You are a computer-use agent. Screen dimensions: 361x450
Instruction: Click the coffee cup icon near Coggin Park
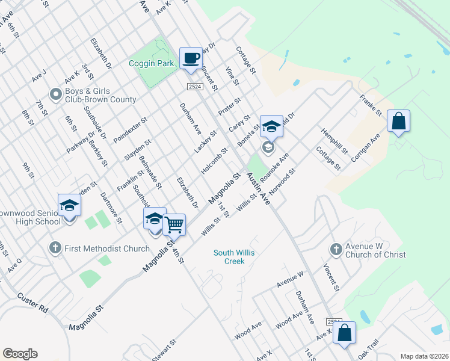191,58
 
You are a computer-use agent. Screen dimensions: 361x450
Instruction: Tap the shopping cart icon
174,225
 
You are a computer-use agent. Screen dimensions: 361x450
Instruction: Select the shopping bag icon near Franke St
398,121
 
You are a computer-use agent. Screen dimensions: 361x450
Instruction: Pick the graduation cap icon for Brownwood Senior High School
69,205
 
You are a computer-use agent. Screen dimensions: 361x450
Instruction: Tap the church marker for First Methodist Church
55,248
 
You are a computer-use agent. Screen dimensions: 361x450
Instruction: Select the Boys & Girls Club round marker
56,94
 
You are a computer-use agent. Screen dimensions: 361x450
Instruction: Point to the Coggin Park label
151,63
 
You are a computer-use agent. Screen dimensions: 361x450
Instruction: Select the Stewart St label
164,350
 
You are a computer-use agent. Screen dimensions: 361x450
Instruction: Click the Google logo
20,354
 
